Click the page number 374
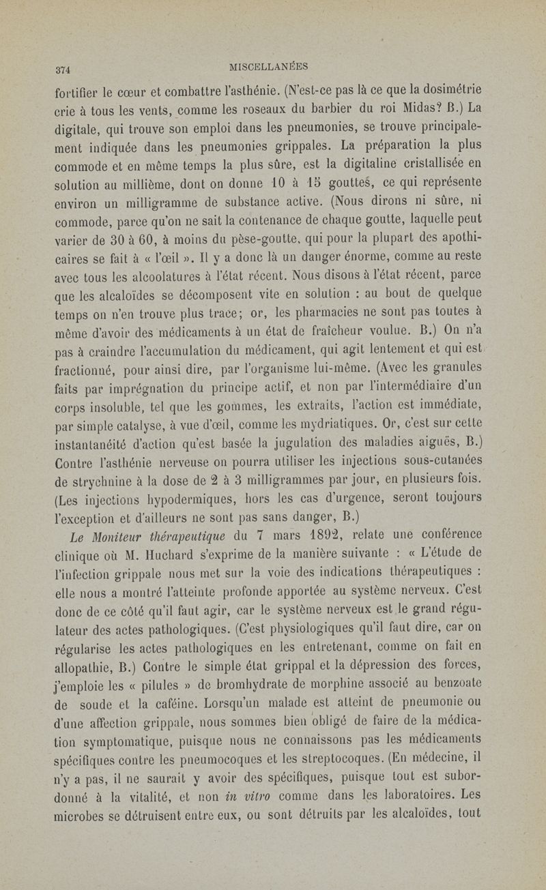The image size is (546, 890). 63,68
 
